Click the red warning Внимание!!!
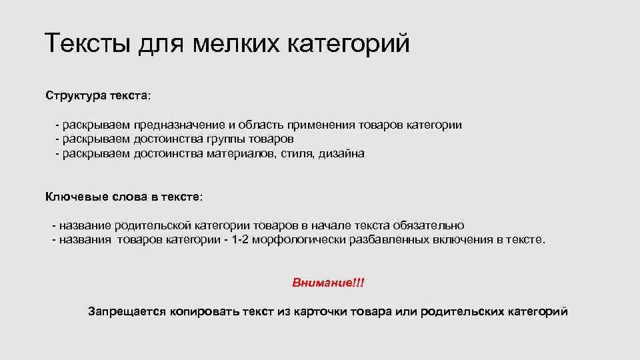[x=328, y=283]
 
